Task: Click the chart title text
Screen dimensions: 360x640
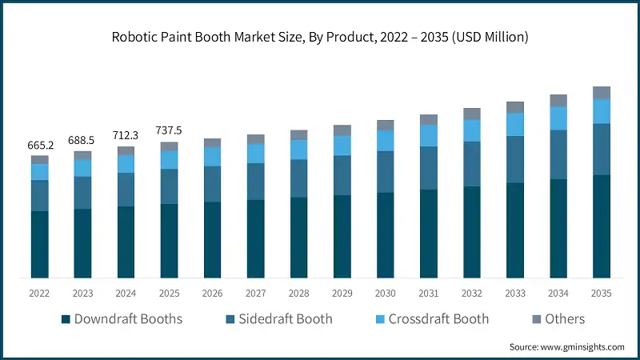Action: click(x=320, y=37)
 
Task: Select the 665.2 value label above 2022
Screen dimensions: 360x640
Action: click(x=40, y=145)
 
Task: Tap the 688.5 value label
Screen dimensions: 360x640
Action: click(x=83, y=140)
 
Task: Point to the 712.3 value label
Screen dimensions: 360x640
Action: click(x=126, y=135)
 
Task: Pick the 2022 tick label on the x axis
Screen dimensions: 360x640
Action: click(x=40, y=294)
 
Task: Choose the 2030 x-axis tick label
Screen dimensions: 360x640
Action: click(x=386, y=294)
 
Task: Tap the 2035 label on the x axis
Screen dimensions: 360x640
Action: click(x=601, y=294)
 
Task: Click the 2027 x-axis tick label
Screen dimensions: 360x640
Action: click(x=256, y=294)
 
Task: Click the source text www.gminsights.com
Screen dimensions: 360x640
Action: click(x=567, y=346)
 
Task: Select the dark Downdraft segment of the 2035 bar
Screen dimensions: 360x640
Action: click(x=601, y=226)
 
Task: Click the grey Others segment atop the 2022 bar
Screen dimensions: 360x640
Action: click(x=40, y=160)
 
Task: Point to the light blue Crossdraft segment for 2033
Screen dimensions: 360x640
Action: click(x=514, y=124)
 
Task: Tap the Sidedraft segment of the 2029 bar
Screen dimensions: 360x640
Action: click(x=342, y=175)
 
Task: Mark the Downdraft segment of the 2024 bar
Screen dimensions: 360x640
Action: click(x=126, y=242)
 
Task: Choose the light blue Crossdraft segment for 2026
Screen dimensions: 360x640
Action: click(x=213, y=157)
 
